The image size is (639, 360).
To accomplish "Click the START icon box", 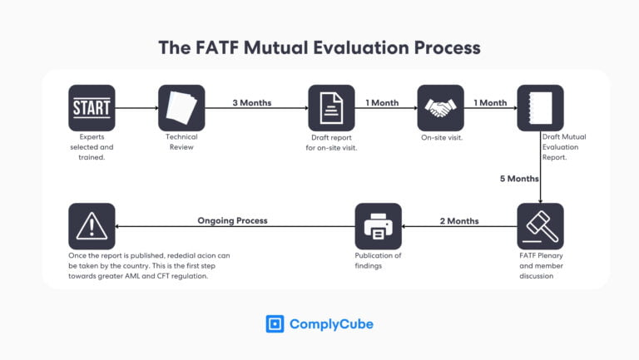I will tap(92, 107).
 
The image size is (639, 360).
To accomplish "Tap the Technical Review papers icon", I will tap(181, 107).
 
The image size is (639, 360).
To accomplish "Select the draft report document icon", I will tap(331, 107).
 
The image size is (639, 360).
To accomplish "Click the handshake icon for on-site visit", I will tap(440, 107).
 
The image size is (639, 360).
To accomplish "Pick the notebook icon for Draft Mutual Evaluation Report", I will tap(540, 107).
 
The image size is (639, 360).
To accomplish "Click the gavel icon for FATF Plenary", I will tap(540, 226).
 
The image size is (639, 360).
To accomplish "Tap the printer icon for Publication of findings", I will tap(378, 226).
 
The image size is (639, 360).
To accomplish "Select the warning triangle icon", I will tap(92, 226).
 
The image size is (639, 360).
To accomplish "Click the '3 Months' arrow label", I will tap(251, 103).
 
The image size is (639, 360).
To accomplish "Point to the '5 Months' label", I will tap(518, 179).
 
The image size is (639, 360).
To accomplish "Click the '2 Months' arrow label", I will tap(458, 221).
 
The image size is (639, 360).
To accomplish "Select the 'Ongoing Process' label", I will tap(232, 221).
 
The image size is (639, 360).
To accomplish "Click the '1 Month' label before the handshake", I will tap(382, 103).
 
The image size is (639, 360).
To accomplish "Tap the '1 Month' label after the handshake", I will tap(490, 103).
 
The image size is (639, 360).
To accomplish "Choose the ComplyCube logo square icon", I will tap(275, 323).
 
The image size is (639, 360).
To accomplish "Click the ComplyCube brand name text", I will tap(331, 324).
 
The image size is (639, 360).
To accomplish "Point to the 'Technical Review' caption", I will tap(181, 141).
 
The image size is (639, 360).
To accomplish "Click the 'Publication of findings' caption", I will tap(378, 260).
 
